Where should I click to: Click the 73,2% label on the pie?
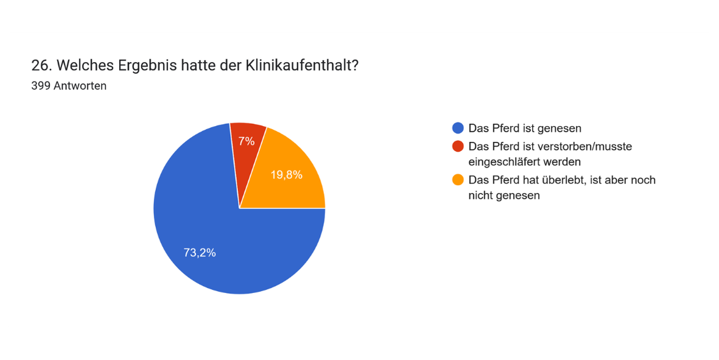click(200, 253)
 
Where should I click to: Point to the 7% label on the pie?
click(247, 141)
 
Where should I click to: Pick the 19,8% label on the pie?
click(286, 175)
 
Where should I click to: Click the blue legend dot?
click(458, 128)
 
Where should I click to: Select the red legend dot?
click(458, 146)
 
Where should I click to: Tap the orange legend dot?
click(458, 180)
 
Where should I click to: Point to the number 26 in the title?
click(38, 66)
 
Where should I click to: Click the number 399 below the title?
click(40, 86)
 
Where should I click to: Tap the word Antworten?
click(80, 86)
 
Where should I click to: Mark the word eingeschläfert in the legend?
click(503, 162)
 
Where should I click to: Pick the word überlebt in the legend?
click(558, 180)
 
